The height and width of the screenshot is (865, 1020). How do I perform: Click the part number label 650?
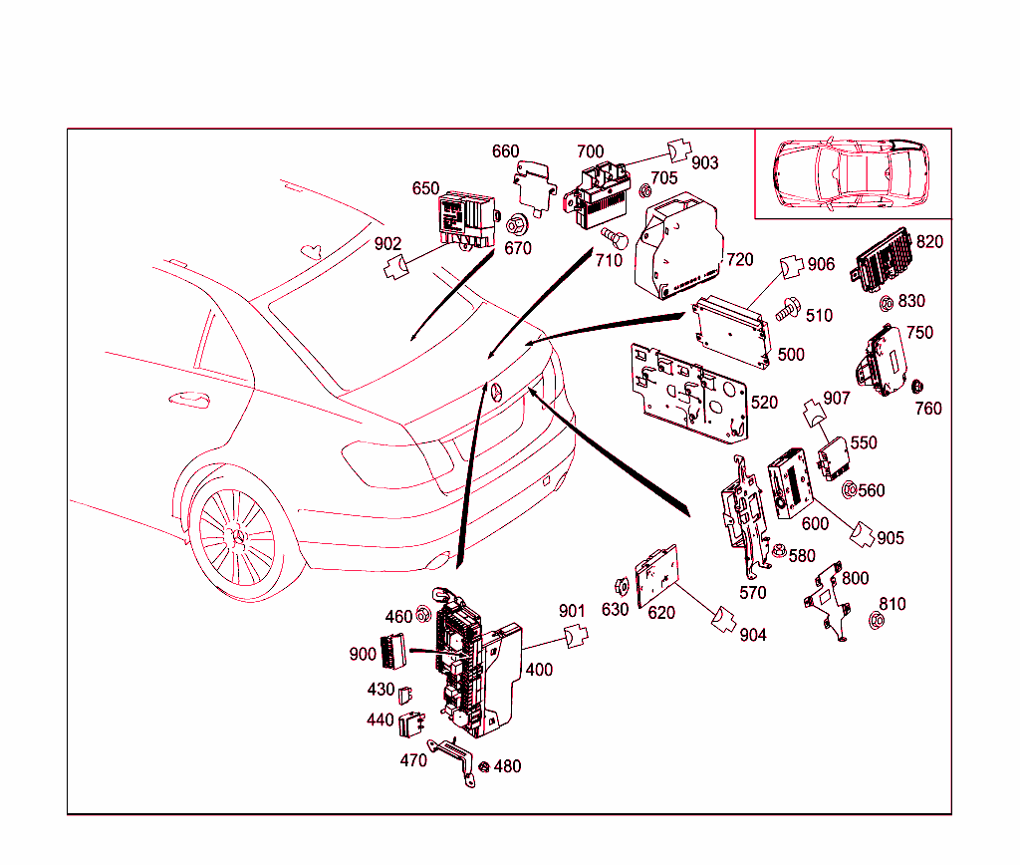pyautogui.click(x=426, y=189)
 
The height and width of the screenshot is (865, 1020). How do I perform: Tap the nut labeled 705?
pyautogui.click(x=644, y=189)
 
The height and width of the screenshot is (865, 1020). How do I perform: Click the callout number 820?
pyautogui.click(x=928, y=241)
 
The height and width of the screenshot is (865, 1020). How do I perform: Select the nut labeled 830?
pyautogui.click(x=886, y=303)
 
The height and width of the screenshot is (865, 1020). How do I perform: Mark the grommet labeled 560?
pyautogui.click(x=850, y=489)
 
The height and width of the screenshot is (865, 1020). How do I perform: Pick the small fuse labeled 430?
pyautogui.click(x=406, y=694)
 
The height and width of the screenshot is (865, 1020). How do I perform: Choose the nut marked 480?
pyautogui.click(x=484, y=767)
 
